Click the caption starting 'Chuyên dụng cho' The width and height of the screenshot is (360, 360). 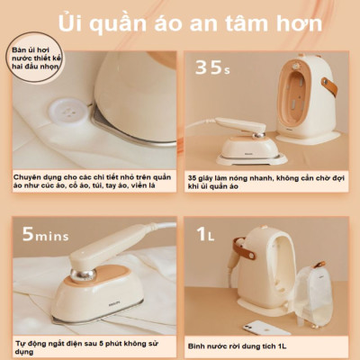89,182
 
